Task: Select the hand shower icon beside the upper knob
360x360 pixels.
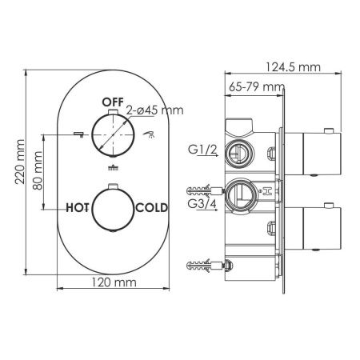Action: pos(150,136)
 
